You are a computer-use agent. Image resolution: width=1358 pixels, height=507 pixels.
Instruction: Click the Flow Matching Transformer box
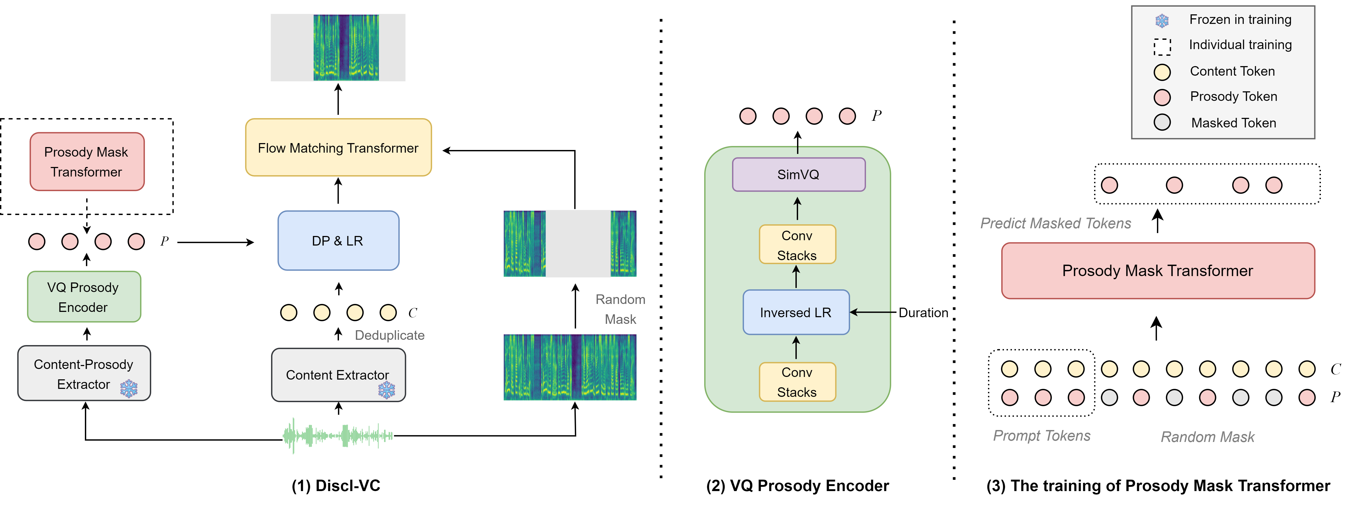click(338, 148)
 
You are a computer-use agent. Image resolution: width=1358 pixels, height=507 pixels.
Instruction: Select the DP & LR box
click(338, 240)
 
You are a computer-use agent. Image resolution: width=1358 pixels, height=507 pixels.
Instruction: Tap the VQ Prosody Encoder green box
click(84, 297)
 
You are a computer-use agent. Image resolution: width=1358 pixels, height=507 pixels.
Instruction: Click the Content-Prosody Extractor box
click(84, 373)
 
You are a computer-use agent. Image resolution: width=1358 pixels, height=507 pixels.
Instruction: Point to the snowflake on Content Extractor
click(386, 390)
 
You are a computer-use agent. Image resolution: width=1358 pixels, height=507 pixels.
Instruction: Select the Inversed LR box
click(795, 312)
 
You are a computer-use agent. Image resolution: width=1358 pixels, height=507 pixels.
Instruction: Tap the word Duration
click(923, 313)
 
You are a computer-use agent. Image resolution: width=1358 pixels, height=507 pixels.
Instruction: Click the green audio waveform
click(338, 436)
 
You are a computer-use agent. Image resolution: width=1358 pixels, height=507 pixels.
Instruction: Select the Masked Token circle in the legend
click(1162, 122)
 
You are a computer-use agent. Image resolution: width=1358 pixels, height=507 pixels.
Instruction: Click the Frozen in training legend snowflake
click(1162, 21)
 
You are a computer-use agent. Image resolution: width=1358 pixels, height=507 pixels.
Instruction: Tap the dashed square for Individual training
click(1162, 46)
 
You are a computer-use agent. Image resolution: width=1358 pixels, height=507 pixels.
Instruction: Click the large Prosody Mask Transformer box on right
click(1158, 271)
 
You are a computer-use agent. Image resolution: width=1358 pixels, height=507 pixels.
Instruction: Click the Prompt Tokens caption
click(1042, 436)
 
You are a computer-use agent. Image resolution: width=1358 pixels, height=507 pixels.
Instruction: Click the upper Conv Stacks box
click(797, 245)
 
